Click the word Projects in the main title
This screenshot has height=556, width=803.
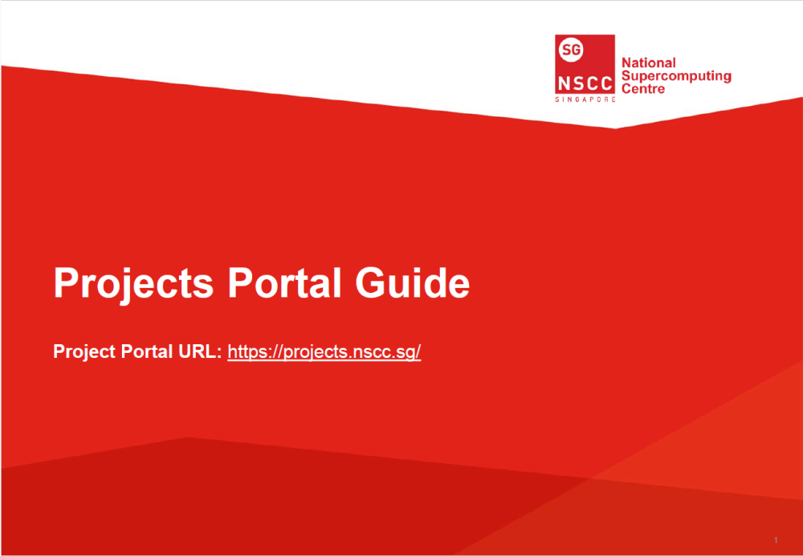coord(133,283)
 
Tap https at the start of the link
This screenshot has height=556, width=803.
coord(247,352)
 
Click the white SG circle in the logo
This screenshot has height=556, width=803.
coord(571,50)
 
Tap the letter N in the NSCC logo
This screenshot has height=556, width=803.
coord(563,83)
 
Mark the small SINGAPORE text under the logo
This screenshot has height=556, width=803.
coord(585,99)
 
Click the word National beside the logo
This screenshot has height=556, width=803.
coord(649,63)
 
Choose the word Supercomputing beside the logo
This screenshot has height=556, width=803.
coord(677,76)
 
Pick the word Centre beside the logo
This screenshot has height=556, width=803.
coord(644,89)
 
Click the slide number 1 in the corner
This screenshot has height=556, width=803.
coord(777,538)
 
